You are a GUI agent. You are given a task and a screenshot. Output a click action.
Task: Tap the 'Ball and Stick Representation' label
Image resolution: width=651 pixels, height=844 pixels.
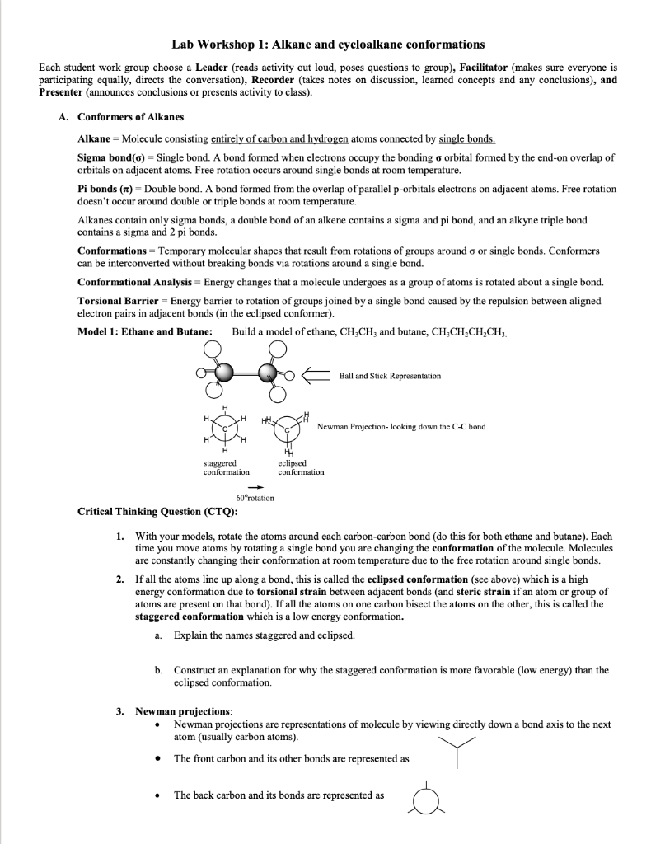(390, 376)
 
